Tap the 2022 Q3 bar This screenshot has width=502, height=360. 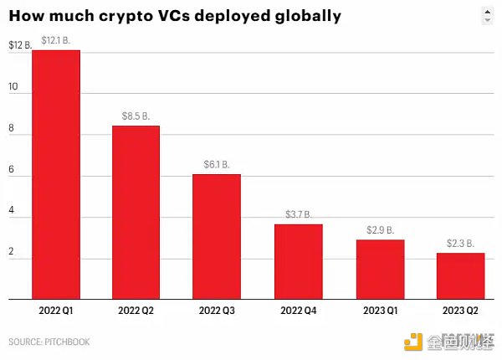[217, 236]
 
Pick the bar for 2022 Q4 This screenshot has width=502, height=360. [298, 261]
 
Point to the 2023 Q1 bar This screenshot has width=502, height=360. [379, 269]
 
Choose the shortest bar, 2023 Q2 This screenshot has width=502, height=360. [459, 275]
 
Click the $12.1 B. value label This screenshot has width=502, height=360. [56, 40]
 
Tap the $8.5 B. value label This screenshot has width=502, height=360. [136, 116]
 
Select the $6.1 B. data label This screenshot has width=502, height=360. [217, 164]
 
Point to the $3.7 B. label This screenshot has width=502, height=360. [298, 214]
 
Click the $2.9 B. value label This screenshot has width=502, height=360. [379, 229]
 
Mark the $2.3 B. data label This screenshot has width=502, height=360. [459, 243]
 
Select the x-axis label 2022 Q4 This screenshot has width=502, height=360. [298, 310]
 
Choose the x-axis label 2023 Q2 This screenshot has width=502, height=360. [459, 310]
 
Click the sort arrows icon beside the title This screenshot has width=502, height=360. [486, 15]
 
